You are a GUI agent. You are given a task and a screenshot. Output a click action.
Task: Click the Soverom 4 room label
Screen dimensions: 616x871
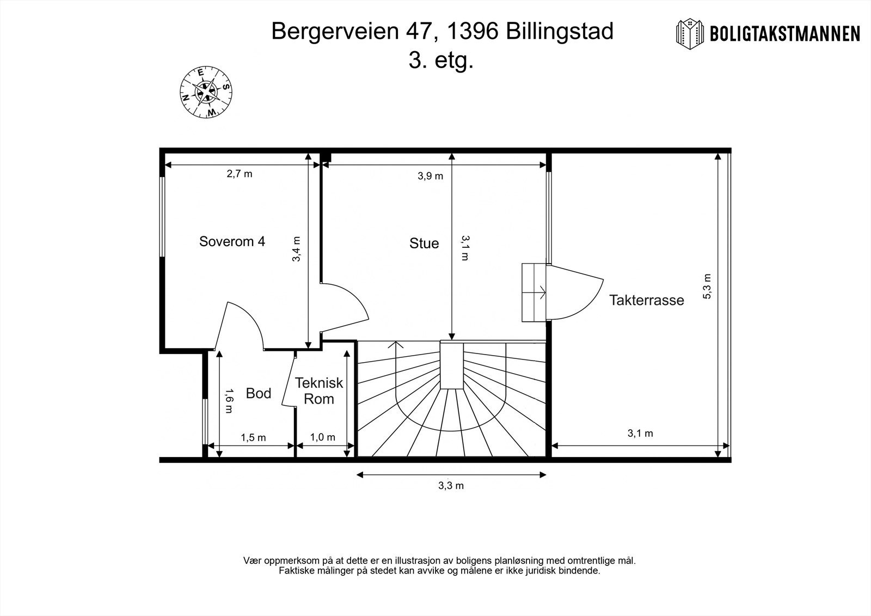[x=232, y=241]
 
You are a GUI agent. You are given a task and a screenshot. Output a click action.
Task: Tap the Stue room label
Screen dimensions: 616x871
[x=424, y=243]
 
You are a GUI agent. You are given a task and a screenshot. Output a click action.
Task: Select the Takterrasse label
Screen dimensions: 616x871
[x=646, y=300]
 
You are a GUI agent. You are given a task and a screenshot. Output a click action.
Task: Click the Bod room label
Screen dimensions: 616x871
[x=258, y=393]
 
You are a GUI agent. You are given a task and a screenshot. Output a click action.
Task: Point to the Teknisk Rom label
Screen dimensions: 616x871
[x=319, y=391]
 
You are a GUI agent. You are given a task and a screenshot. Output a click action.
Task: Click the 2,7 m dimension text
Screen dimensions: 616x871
[x=240, y=174]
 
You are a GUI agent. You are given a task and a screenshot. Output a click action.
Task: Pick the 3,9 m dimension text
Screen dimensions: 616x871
[x=430, y=175]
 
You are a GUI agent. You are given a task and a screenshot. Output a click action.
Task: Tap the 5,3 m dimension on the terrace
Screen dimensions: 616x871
[x=707, y=286]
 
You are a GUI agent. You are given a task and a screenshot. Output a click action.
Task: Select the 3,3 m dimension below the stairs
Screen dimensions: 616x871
[x=451, y=486]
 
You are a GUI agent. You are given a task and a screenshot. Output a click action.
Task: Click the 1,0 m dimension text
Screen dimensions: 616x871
[x=323, y=437]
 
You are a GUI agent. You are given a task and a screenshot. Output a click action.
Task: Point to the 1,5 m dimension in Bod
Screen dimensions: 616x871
[x=253, y=437]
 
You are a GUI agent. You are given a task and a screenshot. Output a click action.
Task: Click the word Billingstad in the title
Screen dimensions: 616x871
[x=560, y=32]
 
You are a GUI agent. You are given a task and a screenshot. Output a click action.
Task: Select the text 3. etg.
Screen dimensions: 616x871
[x=441, y=60]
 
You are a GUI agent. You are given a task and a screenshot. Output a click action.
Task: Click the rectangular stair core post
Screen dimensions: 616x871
[x=451, y=365]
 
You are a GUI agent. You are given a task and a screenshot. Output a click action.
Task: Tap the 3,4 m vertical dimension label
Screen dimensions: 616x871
[x=297, y=249]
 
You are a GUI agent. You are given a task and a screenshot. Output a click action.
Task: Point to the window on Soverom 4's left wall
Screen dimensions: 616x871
[x=162, y=215]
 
